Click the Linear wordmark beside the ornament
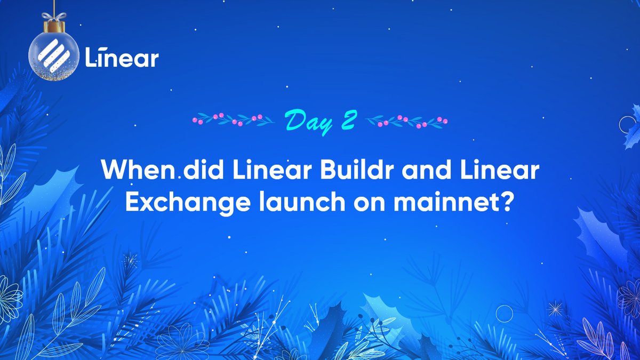(122, 58)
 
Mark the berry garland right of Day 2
(408, 121)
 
